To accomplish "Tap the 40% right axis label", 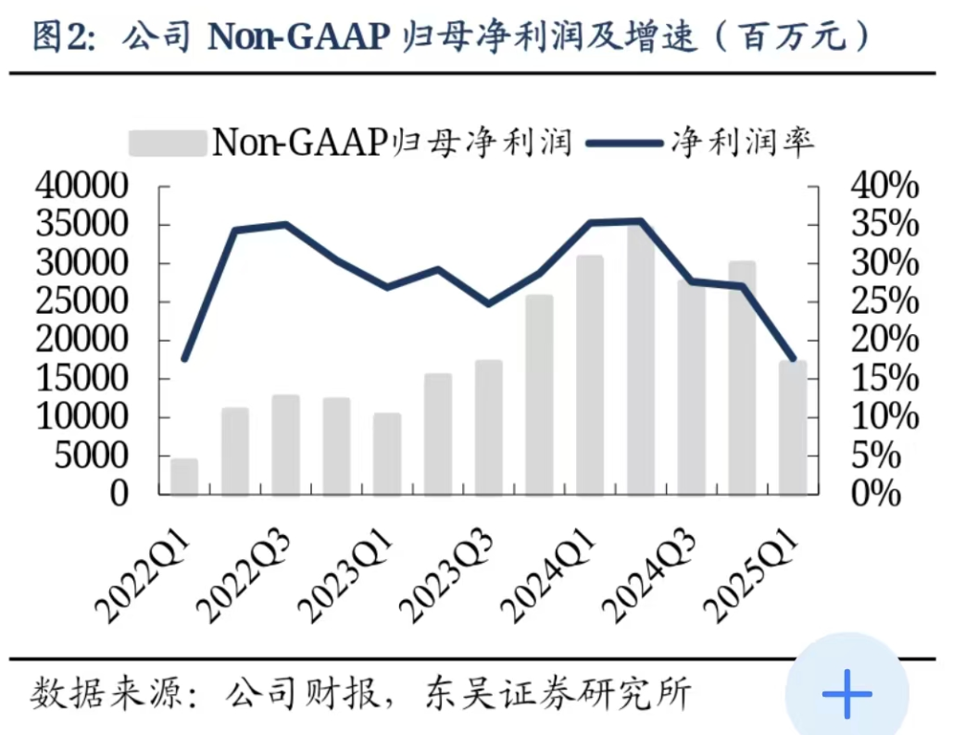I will [x=884, y=187].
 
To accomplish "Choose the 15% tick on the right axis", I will [x=884, y=379].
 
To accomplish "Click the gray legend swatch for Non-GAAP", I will [x=168, y=143].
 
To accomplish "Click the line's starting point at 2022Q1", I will [x=184, y=359].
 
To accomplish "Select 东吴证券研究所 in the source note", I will [x=558, y=692].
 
